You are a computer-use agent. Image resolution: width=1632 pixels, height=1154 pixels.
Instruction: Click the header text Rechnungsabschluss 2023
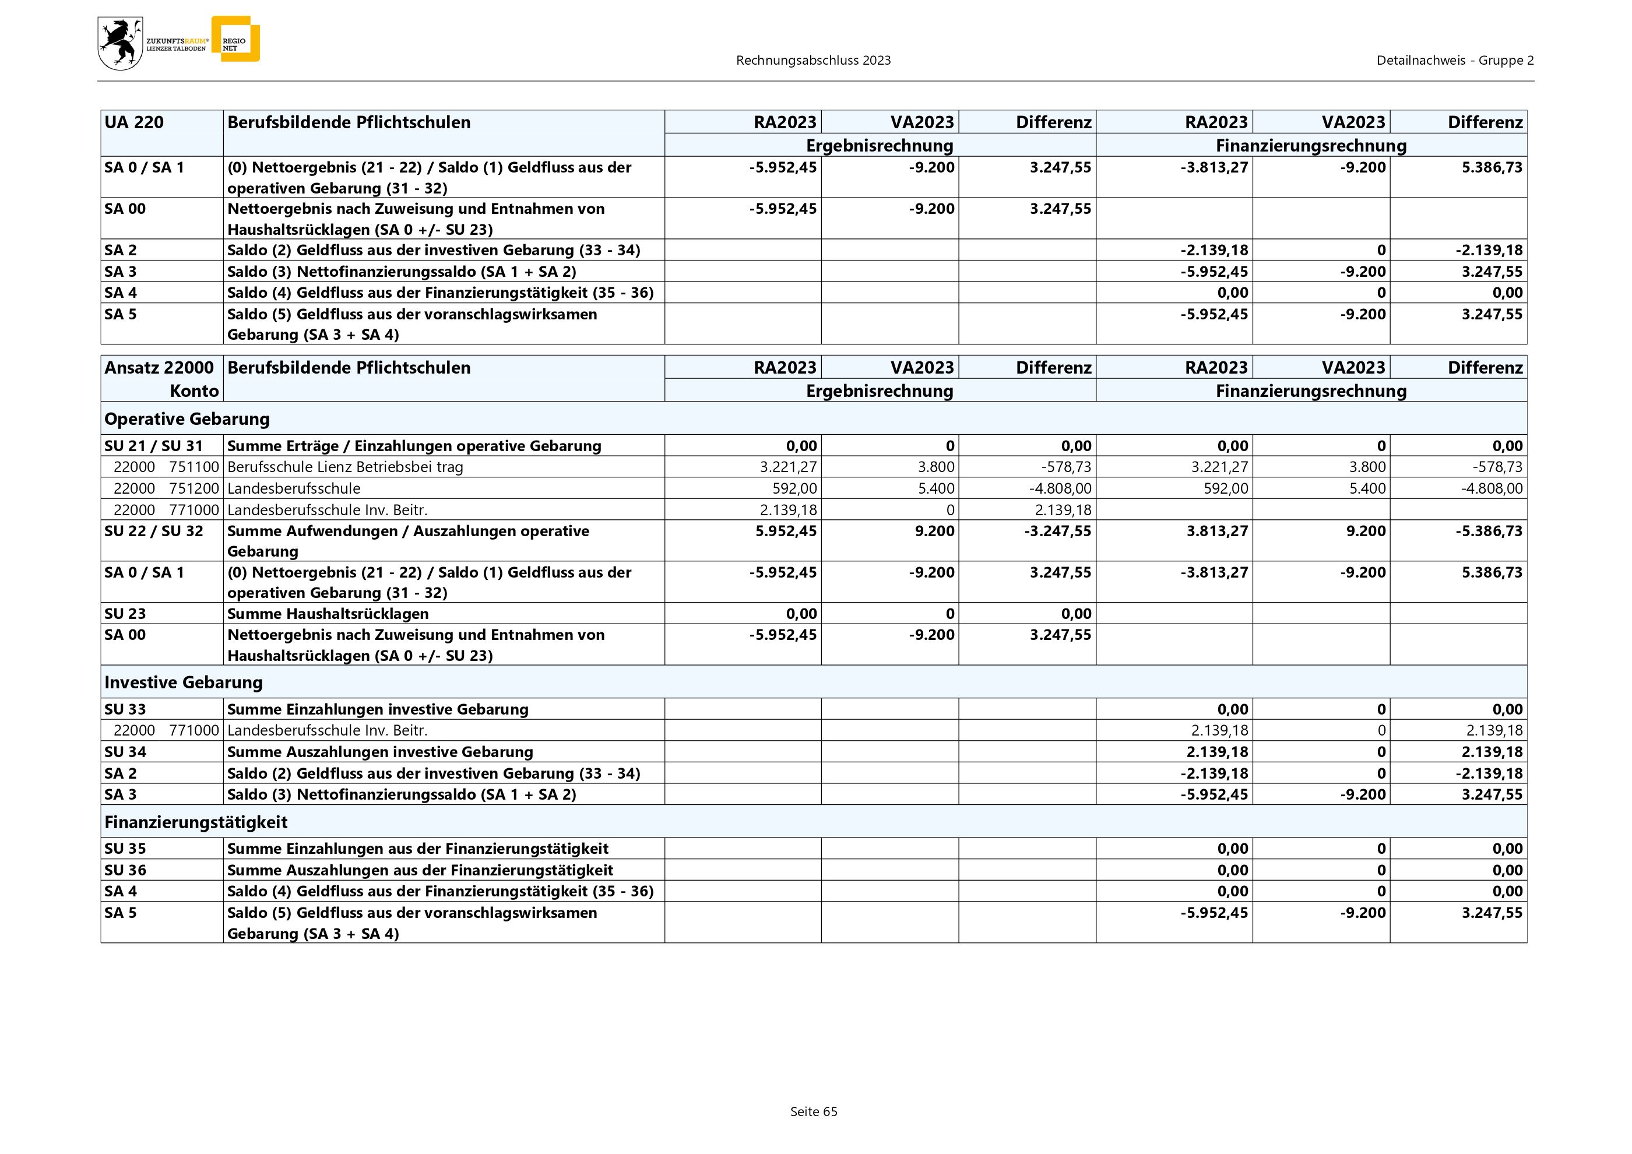813,61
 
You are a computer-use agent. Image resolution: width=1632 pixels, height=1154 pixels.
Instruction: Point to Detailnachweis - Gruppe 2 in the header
1454,61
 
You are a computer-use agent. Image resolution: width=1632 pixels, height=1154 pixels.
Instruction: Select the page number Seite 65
813,1111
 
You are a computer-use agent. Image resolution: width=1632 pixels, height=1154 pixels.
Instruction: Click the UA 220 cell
134,122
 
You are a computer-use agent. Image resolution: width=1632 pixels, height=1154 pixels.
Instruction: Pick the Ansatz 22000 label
159,367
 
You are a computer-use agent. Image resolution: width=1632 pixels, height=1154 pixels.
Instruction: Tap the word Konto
194,391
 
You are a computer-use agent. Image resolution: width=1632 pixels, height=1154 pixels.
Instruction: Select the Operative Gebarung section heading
187,418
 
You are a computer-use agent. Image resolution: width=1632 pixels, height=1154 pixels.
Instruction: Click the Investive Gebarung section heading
184,682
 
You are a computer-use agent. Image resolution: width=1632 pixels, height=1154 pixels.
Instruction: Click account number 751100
194,467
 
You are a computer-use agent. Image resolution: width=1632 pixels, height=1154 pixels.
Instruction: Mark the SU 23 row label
125,613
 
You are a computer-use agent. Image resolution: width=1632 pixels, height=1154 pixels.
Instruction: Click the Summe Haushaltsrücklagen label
328,613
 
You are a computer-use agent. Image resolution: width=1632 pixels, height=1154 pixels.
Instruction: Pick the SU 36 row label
125,870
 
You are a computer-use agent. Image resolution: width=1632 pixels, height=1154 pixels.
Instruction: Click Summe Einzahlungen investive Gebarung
378,709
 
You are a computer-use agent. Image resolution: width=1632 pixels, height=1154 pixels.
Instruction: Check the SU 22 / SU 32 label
153,531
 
